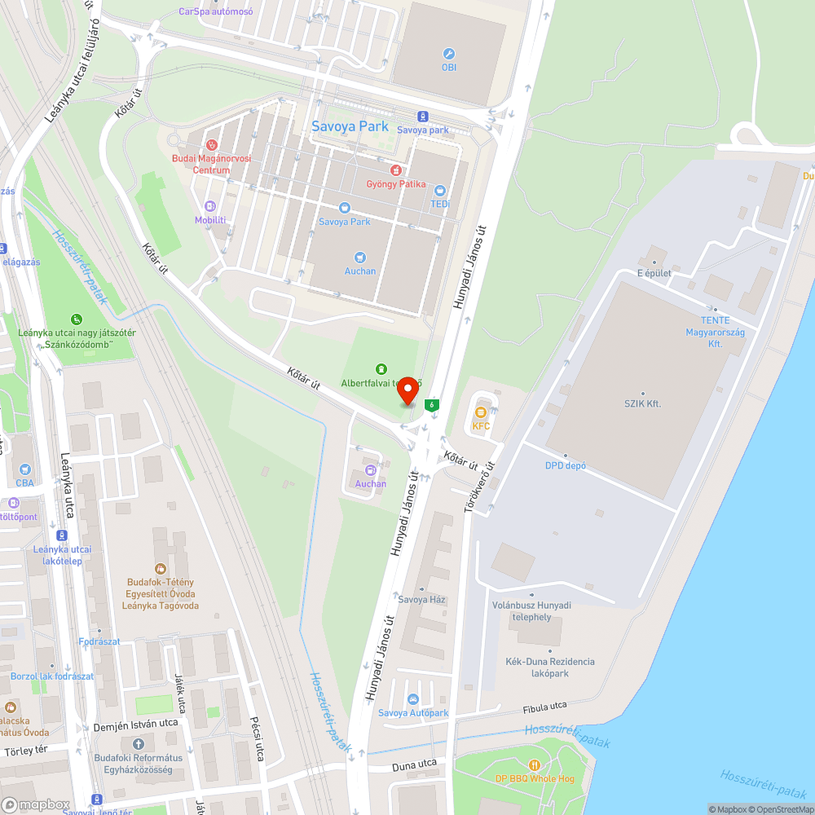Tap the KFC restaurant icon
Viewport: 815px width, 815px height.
click(481, 412)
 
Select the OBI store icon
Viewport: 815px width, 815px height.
click(448, 54)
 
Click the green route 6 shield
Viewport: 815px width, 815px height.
click(432, 404)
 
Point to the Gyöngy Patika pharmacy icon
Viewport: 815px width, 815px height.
click(395, 170)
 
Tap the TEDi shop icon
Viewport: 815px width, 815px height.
click(440, 190)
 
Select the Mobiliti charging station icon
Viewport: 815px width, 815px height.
click(210, 207)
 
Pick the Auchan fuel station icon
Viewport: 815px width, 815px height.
click(371, 469)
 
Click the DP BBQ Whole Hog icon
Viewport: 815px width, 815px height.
click(535, 765)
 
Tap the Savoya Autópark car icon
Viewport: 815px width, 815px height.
click(413, 699)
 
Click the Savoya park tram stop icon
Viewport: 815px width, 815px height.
click(422, 117)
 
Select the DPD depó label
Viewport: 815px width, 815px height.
click(566, 465)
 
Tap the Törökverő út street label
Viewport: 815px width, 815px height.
click(480, 487)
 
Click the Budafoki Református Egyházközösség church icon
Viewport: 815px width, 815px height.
click(138, 743)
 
